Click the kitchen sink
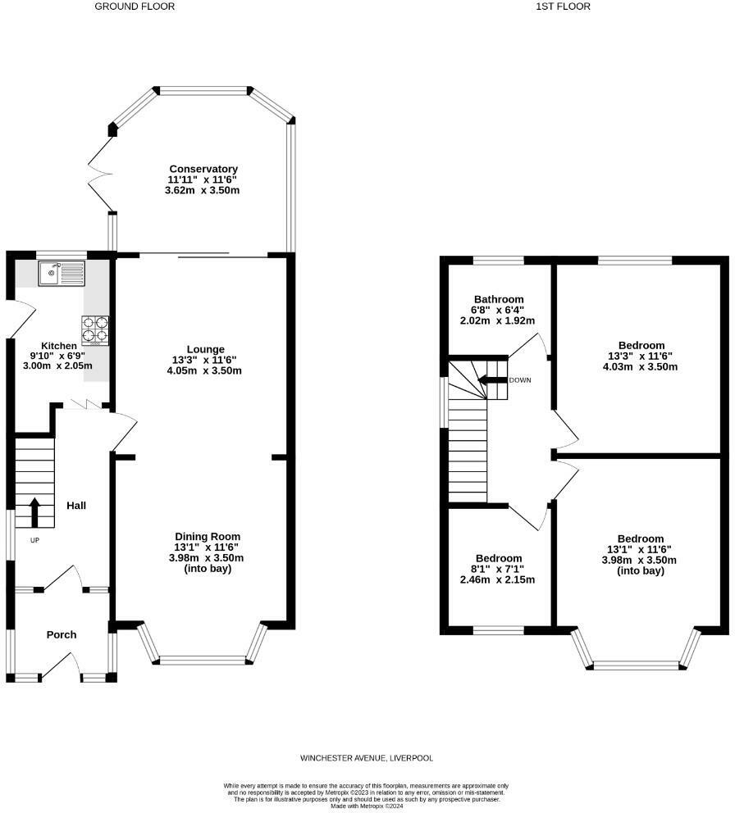(x=62, y=273)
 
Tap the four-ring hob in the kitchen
(x=95, y=331)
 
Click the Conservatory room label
(x=203, y=169)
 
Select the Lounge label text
(x=206, y=349)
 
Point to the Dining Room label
(x=208, y=537)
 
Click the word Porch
(x=62, y=634)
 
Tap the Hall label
(x=76, y=506)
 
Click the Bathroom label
(x=499, y=299)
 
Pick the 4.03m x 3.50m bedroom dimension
(x=641, y=367)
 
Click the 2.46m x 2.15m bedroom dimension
(x=497, y=579)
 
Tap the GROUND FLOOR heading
(x=135, y=7)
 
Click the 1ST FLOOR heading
(x=564, y=7)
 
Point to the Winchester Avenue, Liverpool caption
(x=367, y=758)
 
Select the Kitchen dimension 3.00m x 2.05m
(x=57, y=366)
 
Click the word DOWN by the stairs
(x=520, y=380)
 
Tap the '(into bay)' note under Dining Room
(x=208, y=569)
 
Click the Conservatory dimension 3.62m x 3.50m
(x=202, y=190)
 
